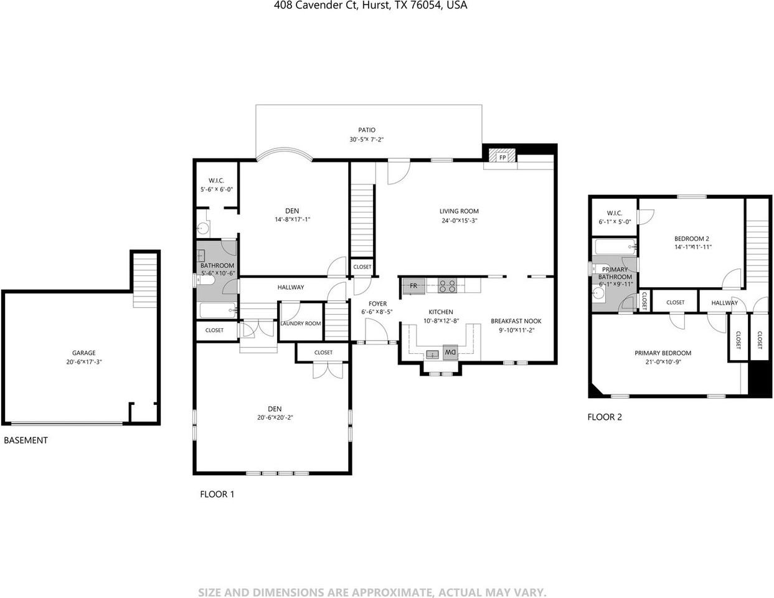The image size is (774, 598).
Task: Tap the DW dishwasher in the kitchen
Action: (450, 352)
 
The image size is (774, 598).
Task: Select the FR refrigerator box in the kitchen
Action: (413, 286)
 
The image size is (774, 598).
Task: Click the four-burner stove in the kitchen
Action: (447, 286)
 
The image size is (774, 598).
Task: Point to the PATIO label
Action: (367, 130)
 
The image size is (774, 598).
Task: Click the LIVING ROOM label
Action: (459, 211)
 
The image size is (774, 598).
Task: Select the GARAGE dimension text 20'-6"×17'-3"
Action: (84, 362)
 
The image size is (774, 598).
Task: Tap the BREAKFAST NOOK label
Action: (516, 321)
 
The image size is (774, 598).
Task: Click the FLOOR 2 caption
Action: (605, 417)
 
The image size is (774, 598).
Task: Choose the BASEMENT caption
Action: (26, 440)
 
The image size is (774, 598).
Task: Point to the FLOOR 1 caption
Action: (217, 494)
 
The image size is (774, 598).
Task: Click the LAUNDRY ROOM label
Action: (301, 323)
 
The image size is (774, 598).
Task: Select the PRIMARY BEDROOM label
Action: (663, 353)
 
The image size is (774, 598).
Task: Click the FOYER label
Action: (377, 303)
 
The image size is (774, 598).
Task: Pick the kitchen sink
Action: (433, 354)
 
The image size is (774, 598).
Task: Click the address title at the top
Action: (370, 5)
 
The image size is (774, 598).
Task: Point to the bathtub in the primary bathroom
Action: (615, 247)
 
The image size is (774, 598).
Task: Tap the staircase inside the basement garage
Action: (144, 280)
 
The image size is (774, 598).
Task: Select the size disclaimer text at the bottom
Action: (372, 592)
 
